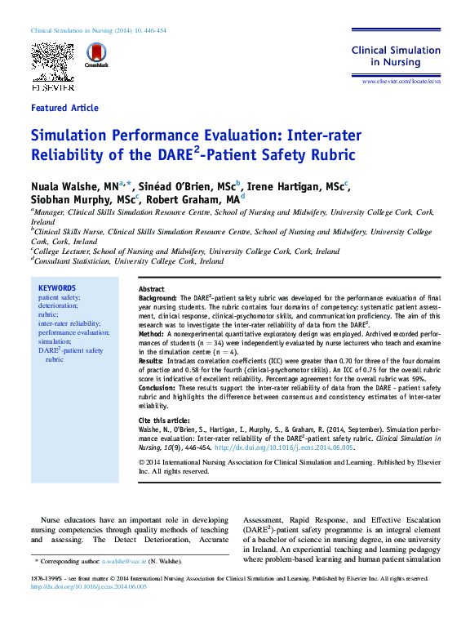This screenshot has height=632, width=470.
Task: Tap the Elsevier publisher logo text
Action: (x=52, y=87)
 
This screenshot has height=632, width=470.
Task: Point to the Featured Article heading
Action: (x=64, y=108)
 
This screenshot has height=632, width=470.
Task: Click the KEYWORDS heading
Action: (x=57, y=288)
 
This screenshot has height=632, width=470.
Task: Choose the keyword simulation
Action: (x=55, y=341)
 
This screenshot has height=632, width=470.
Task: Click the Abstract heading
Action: (x=152, y=290)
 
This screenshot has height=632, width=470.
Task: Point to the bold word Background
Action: (x=157, y=299)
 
